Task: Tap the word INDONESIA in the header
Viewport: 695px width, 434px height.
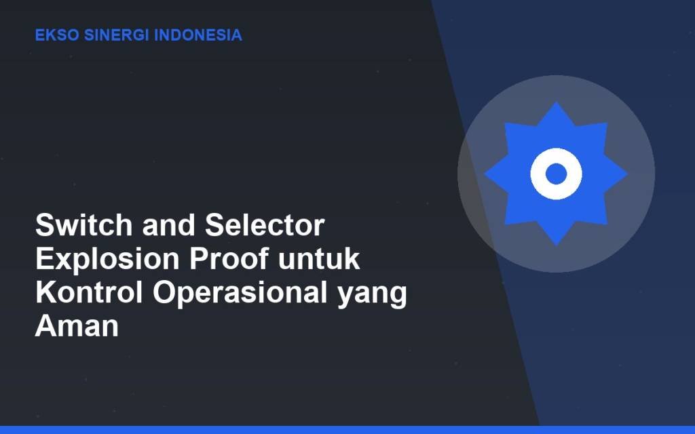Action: (x=198, y=35)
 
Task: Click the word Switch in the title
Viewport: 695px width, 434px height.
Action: (x=83, y=225)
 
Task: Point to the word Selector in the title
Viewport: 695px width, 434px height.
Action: (x=265, y=225)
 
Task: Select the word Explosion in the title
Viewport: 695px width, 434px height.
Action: (x=107, y=258)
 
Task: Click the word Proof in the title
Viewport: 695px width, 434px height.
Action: (x=229, y=258)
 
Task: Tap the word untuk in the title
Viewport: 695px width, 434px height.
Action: (x=319, y=258)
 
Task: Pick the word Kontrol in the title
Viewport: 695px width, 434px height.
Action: (x=89, y=292)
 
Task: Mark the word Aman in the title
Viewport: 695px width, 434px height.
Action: (x=77, y=326)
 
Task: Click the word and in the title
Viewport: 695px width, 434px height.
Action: (x=168, y=225)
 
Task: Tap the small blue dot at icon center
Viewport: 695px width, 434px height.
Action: (x=557, y=174)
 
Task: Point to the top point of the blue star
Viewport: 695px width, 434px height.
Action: (x=557, y=103)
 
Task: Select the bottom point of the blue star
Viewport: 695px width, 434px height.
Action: (x=557, y=244)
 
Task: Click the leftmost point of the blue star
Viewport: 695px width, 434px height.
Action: (x=485, y=174)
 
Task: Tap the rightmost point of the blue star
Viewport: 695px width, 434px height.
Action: (x=627, y=174)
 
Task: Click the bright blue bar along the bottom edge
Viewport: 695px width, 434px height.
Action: (x=347, y=429)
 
